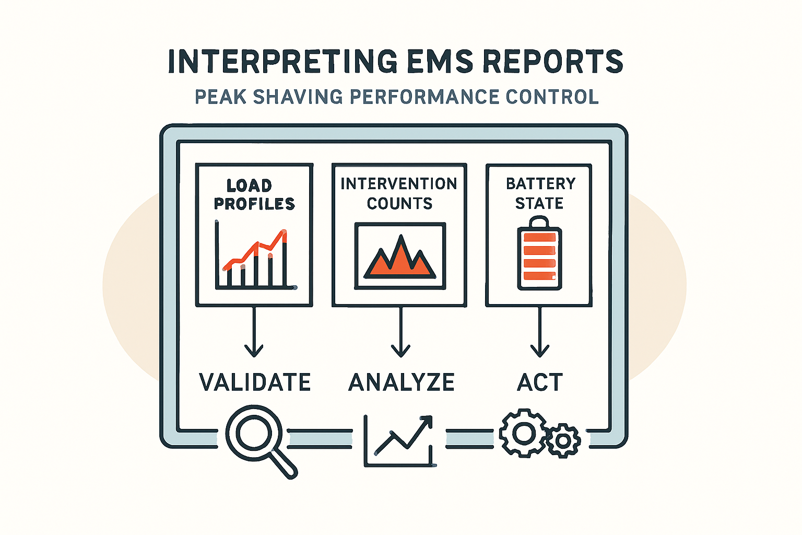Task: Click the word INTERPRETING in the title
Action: coord(282,62)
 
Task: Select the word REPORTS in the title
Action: coord(553,62)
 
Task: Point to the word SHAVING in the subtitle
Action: coord(298,97)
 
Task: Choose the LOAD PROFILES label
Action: coord(254,194)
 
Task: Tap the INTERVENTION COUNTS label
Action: coord(399,193)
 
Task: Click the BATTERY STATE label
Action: coord(540,193)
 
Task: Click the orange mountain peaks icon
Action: coord(400,257)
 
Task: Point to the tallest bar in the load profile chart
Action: coord(285,259)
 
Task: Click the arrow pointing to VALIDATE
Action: coord(254,332)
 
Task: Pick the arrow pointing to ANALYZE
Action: coord(400,332)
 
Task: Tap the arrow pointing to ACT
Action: coord(539,332)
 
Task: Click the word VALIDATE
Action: coord(255,382)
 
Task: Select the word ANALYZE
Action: coord(402,382)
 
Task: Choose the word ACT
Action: coord(540,382)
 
